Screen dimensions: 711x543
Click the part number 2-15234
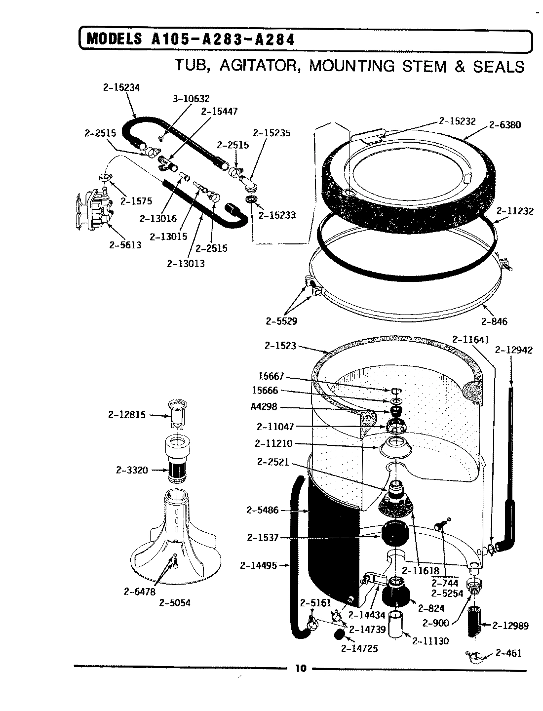[121, 87]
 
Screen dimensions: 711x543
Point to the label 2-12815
[127, 415]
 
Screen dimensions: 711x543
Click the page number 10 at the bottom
[300, 669]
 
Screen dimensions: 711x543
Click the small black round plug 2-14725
[339, 634]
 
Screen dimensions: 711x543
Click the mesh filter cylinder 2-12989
[475, 623]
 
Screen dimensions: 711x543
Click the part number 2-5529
[281, 321]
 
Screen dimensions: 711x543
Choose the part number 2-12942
[513, 350]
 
